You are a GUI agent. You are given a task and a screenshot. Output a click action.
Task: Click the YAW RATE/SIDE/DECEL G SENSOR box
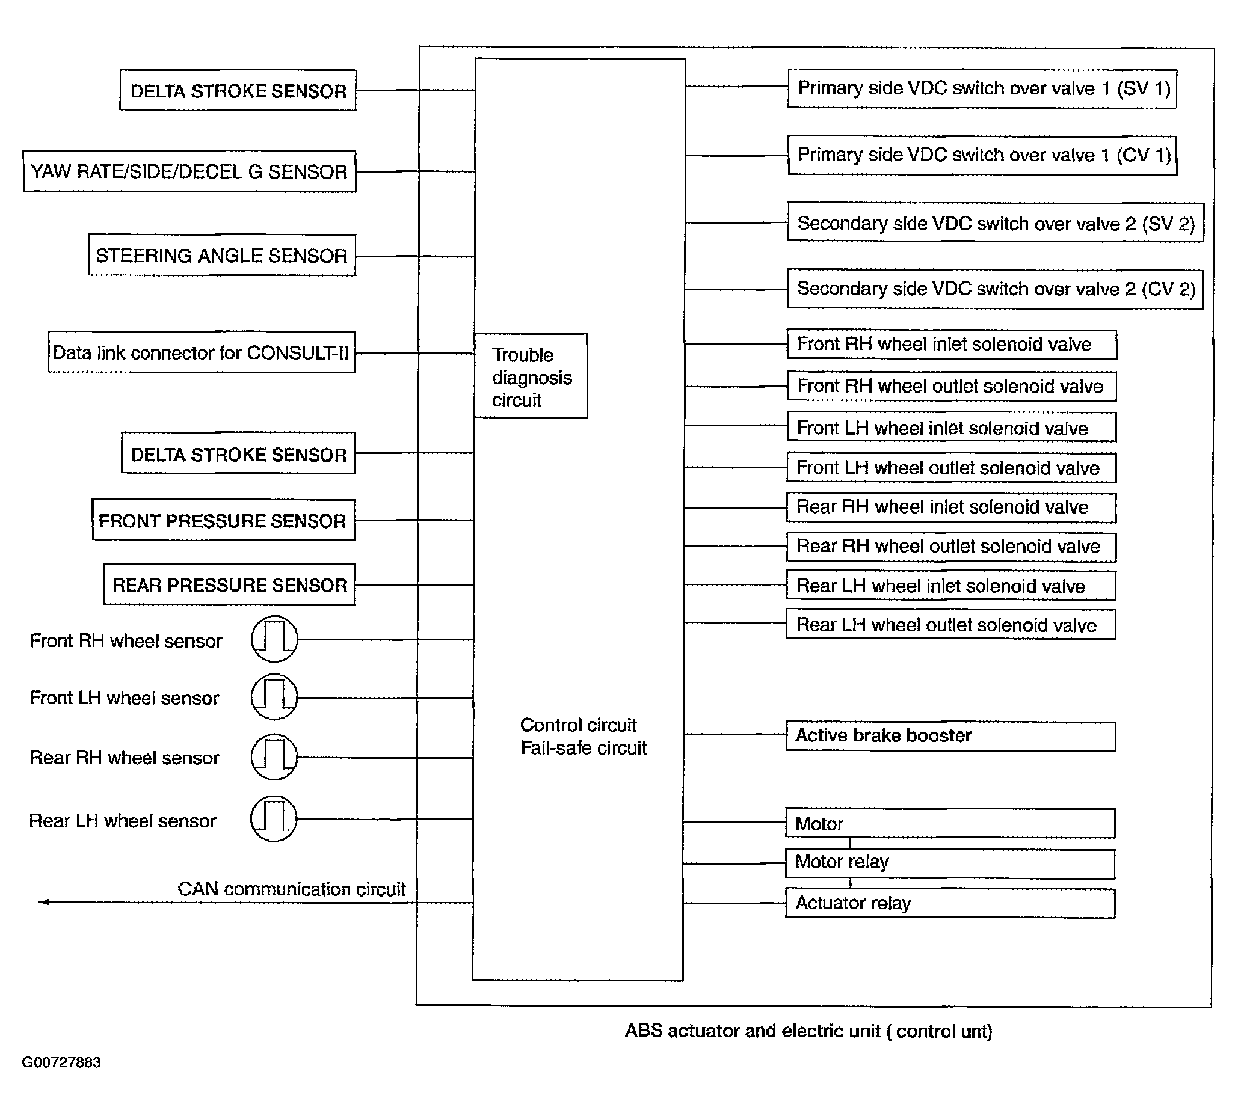click(x=189, y=172)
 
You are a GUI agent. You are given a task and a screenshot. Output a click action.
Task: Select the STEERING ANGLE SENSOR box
click(x=221, y=255)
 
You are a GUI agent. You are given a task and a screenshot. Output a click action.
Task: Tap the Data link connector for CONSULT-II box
click(x=202, y=352)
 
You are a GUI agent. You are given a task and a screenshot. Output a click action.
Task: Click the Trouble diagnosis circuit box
click(x=531, y=376)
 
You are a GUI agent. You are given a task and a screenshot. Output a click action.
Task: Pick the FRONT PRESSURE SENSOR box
click(x=223, y=520)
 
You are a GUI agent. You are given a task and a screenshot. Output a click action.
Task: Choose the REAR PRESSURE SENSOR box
click(x=229, y=584)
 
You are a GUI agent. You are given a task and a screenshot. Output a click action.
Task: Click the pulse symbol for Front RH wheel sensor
click(x=275, y=639)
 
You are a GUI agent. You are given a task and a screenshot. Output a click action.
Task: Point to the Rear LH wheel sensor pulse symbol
click(x=274, y=818)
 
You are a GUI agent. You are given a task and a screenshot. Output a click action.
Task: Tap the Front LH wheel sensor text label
click(x=124, y=698)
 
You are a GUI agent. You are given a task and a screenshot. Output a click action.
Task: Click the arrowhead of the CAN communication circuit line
click(x=43, y=902)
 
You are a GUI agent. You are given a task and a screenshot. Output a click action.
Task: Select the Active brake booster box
click(x=950, y=735)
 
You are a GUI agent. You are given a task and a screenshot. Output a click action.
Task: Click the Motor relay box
click(x=950, y=863)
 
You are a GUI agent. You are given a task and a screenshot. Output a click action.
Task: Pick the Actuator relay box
click(x=950, y=903)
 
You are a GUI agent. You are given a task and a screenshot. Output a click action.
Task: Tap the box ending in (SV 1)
click(x=982, y=88)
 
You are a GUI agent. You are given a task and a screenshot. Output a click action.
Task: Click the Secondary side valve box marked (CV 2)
click(x=995, y=289)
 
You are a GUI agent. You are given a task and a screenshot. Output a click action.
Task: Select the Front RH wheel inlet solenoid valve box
click(x=951, y=345)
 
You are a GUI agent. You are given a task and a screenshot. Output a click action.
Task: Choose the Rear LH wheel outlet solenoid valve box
click(x=950, y=624)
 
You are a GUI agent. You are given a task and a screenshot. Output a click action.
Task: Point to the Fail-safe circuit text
click(x=584, y=748)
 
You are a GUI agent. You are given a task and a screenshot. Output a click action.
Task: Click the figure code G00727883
click(x=61, y=1062)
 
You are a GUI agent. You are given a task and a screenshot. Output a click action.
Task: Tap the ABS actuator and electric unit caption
click(x=808, y=1031)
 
